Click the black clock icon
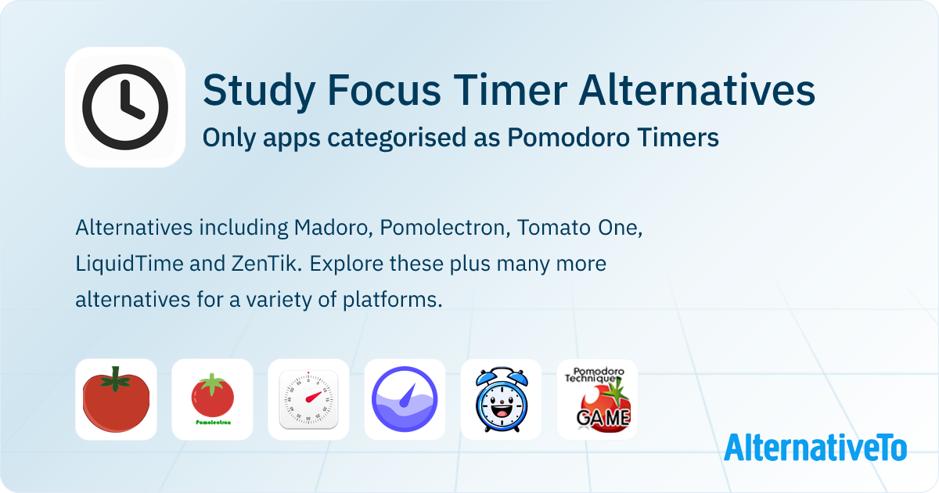(x=125, y=107)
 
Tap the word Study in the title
(x=259, y=91)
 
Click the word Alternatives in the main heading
(x=696, y=90)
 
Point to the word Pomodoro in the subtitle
(x=568, y=138)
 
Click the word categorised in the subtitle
(x=397, y=139)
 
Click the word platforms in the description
(x=392, y=300)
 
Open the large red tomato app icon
(x=116, y=399)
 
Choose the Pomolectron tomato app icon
(x=212, y=399)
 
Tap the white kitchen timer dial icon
(x=308, y=399)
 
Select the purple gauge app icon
(x=405, y=399)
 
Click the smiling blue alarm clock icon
(x=501, y=399)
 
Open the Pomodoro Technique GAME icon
(x=597, y=399)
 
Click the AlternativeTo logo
(x=815, y=448)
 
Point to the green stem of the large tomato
(x=115, y=380)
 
